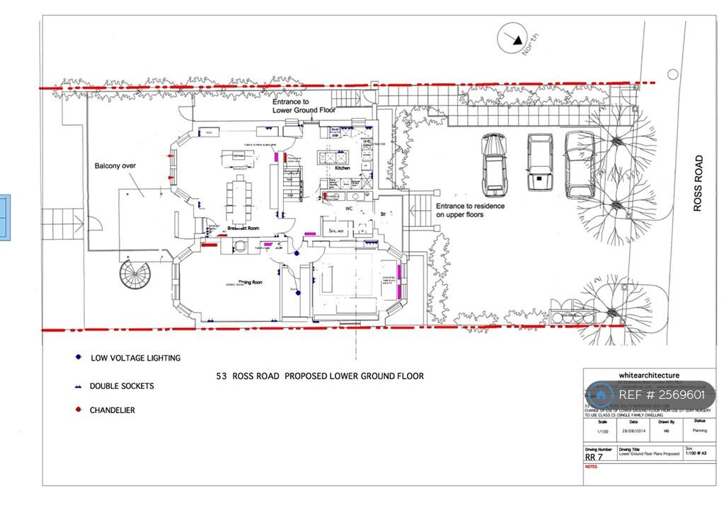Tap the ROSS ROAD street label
click(698, 183)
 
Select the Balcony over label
click(115, 166)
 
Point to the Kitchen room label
click(343, 168)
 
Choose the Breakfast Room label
click(243, 228)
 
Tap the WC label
click(348, 209)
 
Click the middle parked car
click(539, 162)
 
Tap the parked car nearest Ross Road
click(579, 164)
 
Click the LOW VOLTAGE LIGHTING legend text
click(135, 358)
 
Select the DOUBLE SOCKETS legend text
click(121, 386)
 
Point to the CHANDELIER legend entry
click(112, 410)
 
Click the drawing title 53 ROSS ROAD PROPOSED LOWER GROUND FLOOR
click(320, 376)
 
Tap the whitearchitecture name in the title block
click(649, 375)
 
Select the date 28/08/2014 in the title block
click(633, 430)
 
